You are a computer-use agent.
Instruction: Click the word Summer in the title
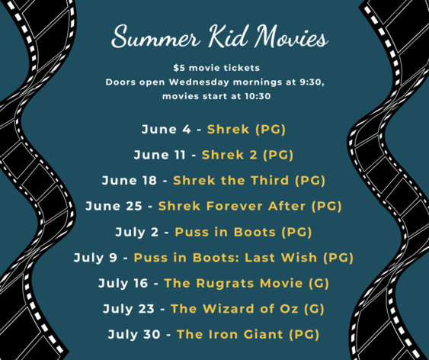[x=155, y=37]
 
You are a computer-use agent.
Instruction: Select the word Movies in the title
[x=291, y=36]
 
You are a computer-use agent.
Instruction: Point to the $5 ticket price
[x=179, y=68]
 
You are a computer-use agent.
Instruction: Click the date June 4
[x=166, y=129]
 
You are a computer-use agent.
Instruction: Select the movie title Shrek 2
[x=229, y=155]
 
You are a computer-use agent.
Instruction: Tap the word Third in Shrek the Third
[x=270, y=181]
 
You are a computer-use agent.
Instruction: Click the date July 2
[x=137, y=232]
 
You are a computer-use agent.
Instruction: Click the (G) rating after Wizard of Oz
[x=315, y=309]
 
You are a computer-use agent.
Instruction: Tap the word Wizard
[x=229, y=309]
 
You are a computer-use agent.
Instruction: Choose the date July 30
[x=134, y=335]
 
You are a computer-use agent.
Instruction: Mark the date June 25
[x=114, y=206]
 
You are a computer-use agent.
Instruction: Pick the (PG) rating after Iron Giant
[x=304, y=335]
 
